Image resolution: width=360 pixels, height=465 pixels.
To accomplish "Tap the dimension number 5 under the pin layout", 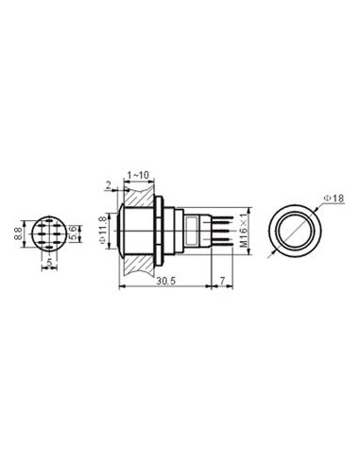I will point(48,266).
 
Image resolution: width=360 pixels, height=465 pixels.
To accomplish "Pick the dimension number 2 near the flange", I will point(110,186).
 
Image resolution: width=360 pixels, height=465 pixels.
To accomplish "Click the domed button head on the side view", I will point(117,230).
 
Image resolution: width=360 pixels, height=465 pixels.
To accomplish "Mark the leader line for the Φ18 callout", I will point(318,204).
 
